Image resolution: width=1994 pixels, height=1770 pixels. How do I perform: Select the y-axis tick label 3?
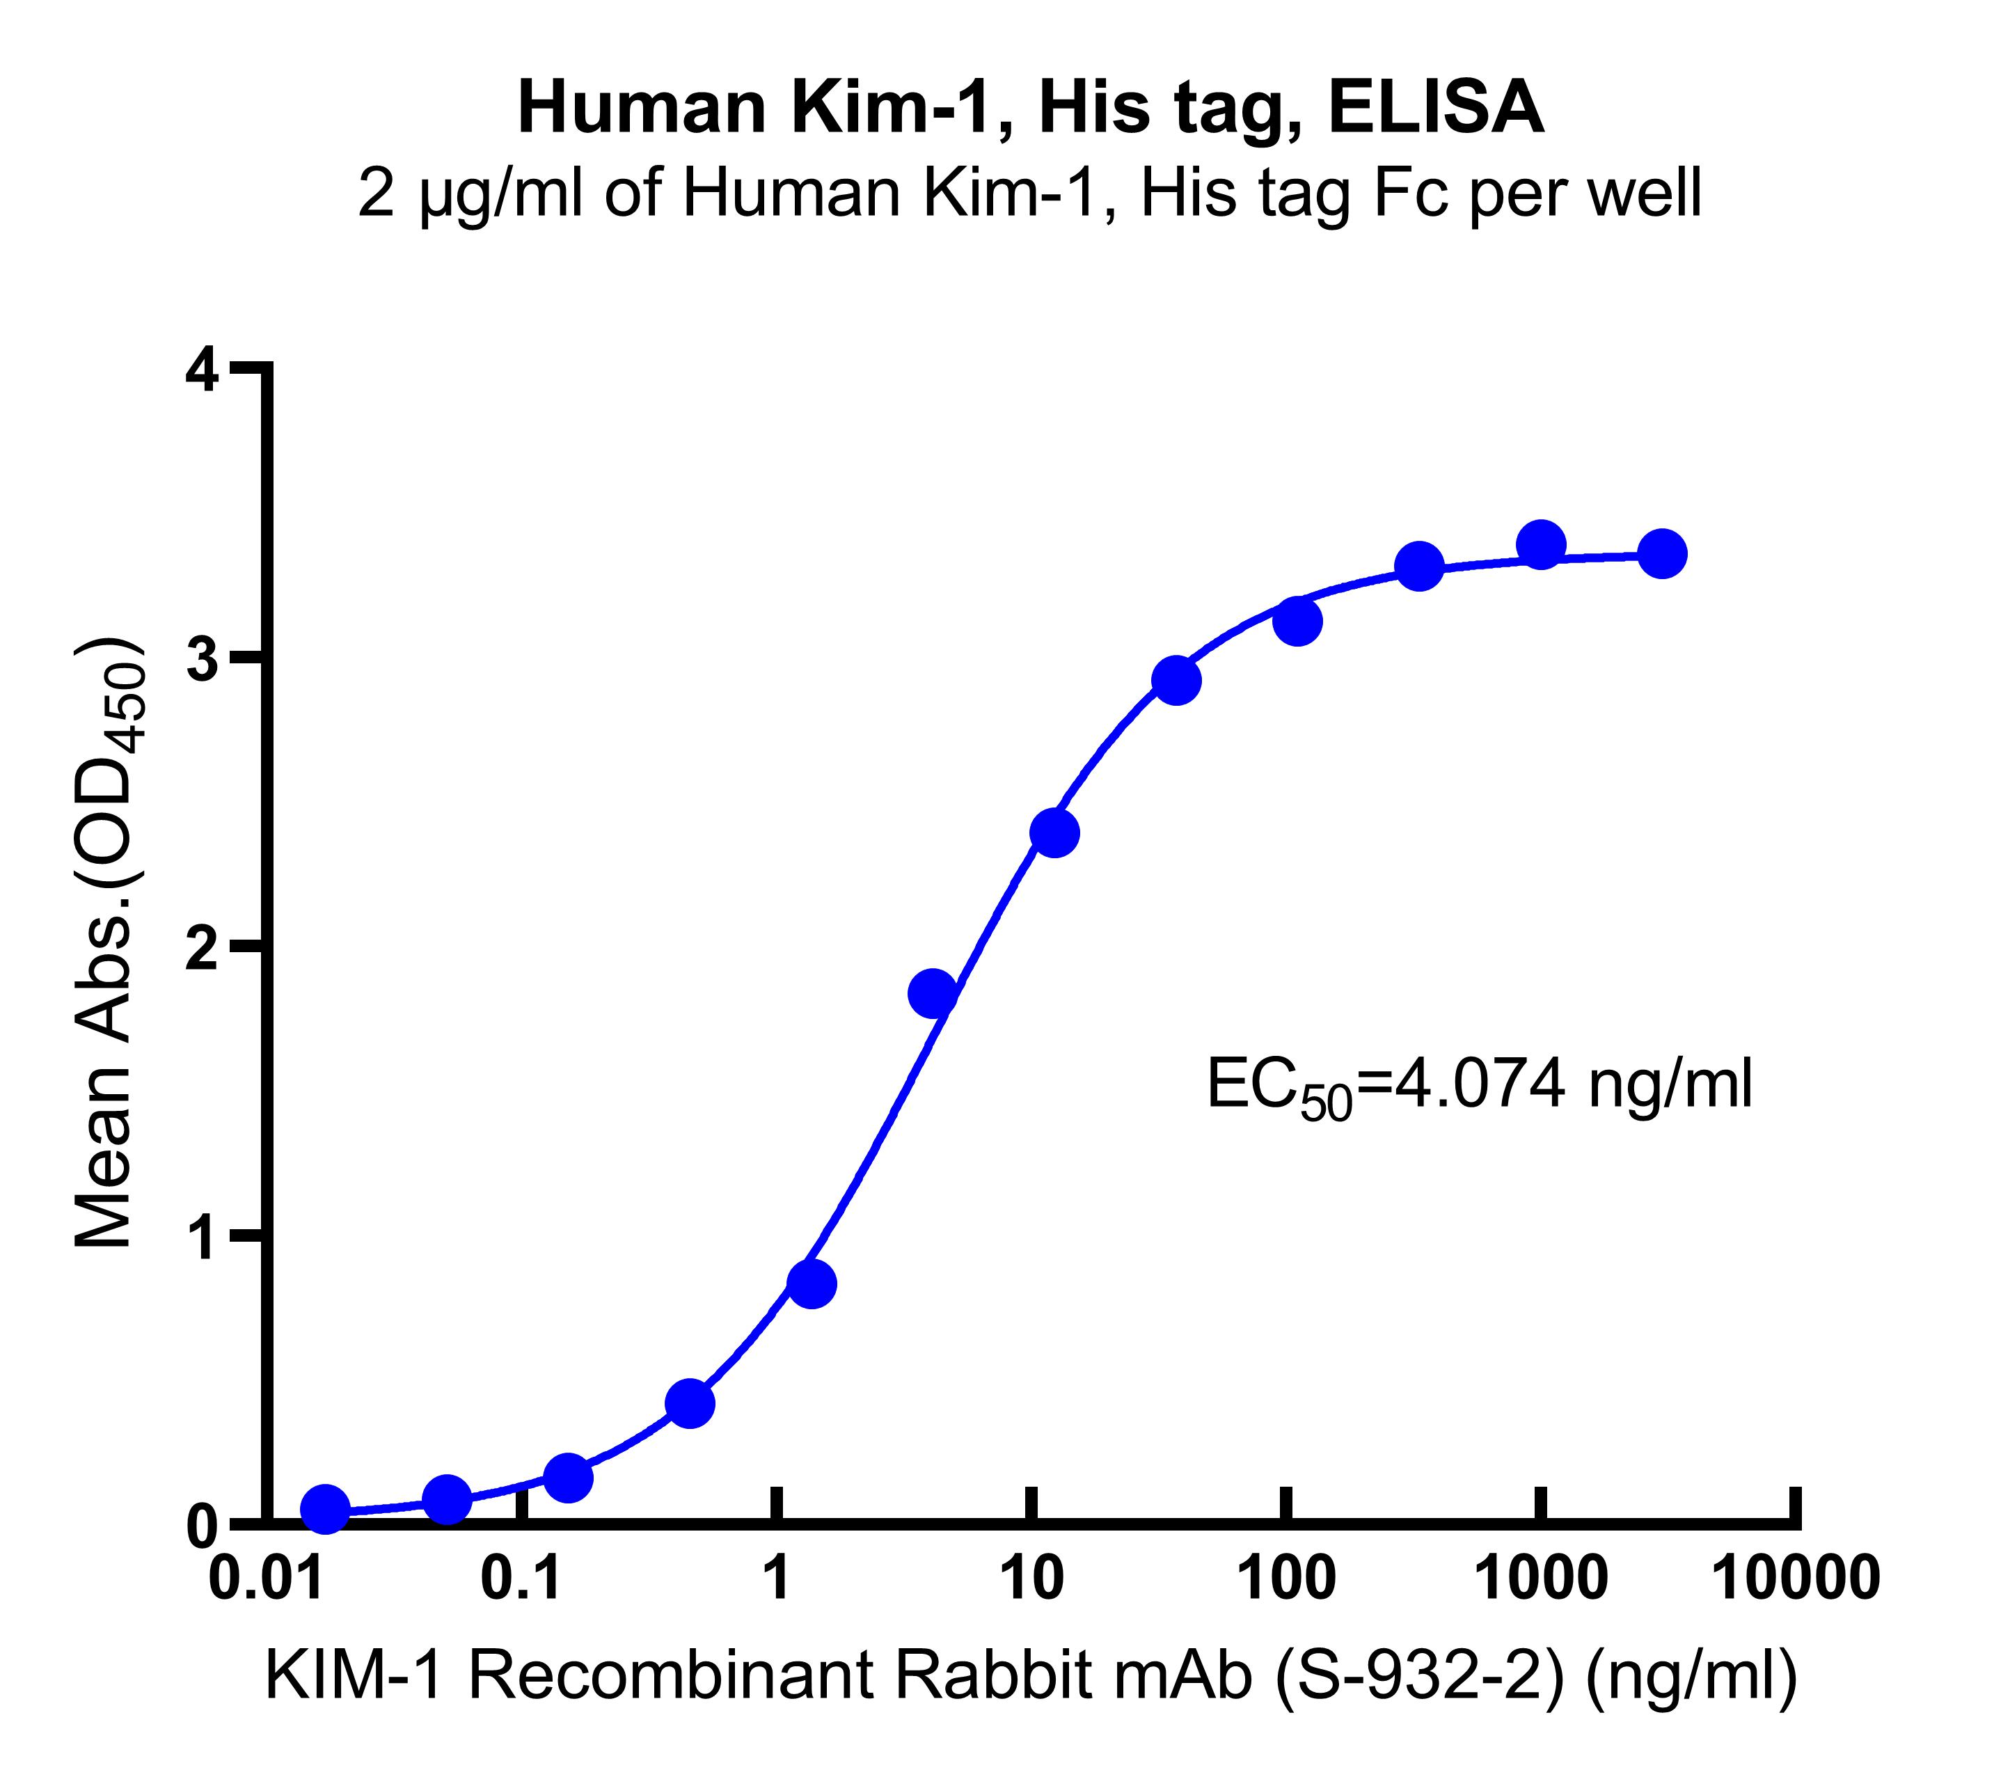pos(202,661)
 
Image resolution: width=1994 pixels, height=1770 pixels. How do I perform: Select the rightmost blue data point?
pos(1662,554)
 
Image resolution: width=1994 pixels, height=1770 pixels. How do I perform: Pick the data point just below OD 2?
pos(933,993)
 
